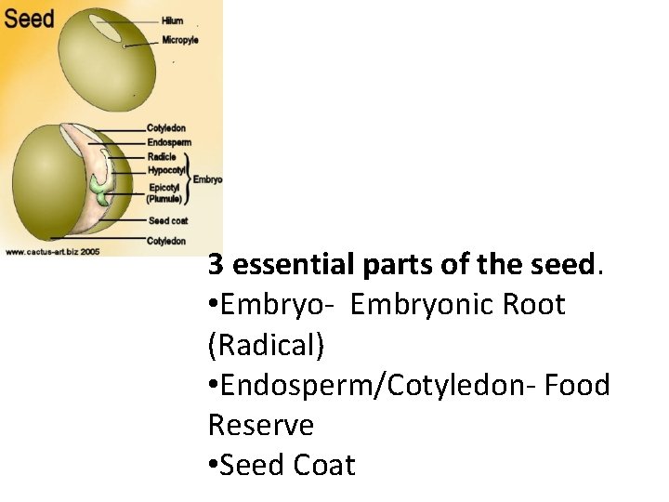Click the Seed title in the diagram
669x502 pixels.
pyautogui.click(x=29, y=18)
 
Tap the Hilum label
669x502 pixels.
pyautogui.click(x=172, y=20)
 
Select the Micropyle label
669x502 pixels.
pyautogui.click(x=180, y=40)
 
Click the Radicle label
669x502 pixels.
pyautogui.click(x=161, y=156)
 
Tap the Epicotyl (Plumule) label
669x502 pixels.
pyautogui.click(x=165, y=192)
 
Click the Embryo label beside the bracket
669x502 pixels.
pyautogui.click(x=207, y=179)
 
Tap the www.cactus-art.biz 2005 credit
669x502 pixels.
pyautogui.click(x=53, y=251)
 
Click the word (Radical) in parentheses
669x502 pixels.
pyautogui.click(x=267, y=345)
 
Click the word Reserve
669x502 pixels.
pyautogui.click(x=261, y=425)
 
